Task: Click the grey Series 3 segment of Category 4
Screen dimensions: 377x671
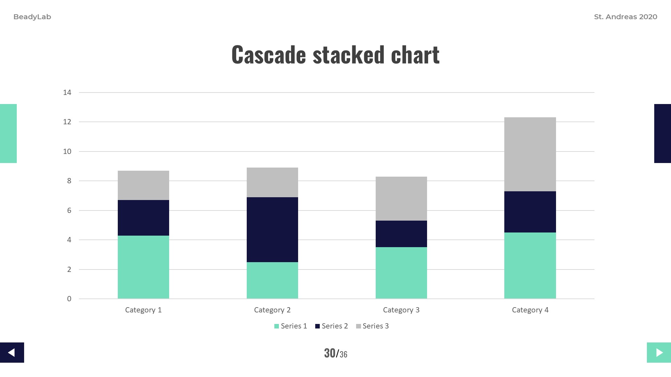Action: (x=530, y=154)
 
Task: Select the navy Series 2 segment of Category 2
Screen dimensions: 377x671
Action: (x=272, y=229)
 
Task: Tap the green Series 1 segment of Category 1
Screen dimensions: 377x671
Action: (x=143, y=267)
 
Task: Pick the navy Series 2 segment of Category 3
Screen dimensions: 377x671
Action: (x=401, y=234)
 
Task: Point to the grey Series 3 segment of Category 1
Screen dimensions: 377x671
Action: (x=143, y=185)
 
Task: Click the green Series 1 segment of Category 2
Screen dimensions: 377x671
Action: (x=272, y=280)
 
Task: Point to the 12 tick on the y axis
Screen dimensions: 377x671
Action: (x=67, y=122)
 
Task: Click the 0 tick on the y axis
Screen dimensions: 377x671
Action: (x=69, y=299)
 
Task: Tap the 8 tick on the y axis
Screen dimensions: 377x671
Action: (x=69, y=181)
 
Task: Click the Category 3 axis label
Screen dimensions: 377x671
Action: (x=401, y=310)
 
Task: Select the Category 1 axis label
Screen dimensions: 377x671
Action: (x=143, y=310)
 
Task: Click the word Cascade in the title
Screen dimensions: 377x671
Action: (x=268, y=55)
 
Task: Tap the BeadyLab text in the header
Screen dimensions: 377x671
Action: (x=32, y=17)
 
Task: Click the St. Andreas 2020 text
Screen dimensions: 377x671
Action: (x=626, y=17)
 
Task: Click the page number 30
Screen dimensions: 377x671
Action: (x=330, y=353)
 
